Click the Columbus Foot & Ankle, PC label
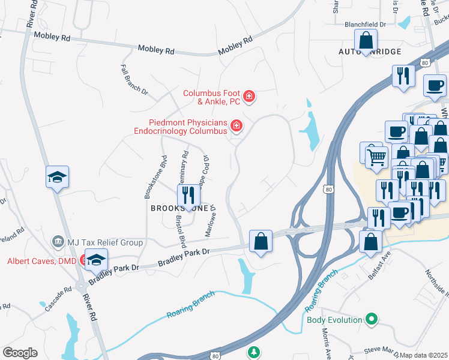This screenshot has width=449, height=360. (211, 97)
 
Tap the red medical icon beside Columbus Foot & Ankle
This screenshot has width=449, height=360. (249, 96)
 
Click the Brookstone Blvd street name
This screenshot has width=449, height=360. (146, 178)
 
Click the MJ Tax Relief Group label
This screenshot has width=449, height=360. (106, 242)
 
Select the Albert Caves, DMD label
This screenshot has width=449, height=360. (41, 261)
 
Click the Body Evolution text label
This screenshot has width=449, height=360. (334, 320)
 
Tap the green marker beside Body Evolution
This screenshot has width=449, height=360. (372, 319)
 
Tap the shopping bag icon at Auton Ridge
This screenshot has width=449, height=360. (366, 42)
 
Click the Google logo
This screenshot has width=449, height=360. (20, 353)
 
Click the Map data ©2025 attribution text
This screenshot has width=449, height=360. (424, 355)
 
